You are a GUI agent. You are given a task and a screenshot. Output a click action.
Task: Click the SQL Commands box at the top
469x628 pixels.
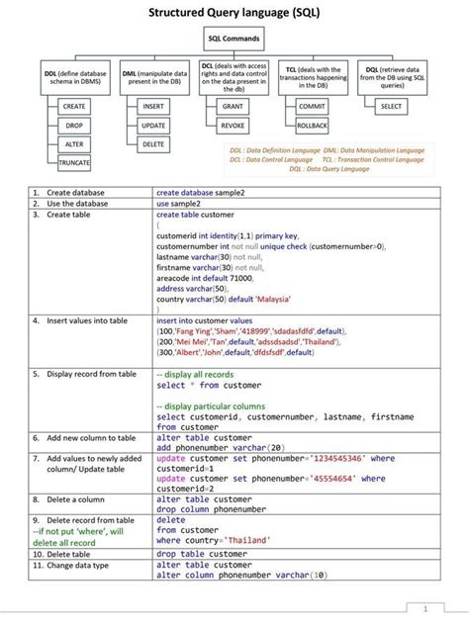[234, 39]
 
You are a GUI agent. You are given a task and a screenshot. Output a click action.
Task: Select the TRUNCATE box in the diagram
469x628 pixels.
[74, 161]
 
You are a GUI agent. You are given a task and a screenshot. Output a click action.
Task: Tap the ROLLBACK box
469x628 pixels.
[312, 126]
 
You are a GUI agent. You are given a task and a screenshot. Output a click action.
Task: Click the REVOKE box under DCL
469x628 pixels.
[233, 126]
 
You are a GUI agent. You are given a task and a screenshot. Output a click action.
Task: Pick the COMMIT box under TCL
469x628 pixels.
[312, 106]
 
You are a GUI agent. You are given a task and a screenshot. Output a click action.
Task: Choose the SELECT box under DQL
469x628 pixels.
[391, 106]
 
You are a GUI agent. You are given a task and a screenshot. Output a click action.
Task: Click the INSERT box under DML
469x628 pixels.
[153, 106]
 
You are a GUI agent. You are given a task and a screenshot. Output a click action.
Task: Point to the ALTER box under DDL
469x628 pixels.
[74, 144]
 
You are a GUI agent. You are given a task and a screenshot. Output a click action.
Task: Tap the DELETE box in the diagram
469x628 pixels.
[153, 144]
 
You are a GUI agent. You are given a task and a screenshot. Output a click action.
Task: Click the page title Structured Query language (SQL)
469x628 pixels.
[234, 12]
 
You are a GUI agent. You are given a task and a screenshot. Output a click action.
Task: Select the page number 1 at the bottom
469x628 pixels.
[423, 607]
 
